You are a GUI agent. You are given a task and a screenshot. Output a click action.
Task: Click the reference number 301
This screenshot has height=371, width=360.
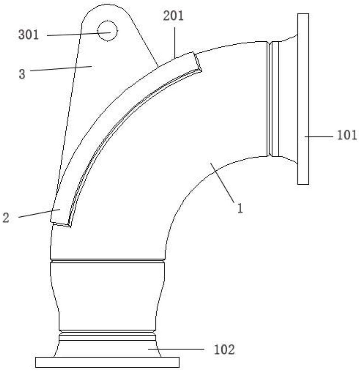29,35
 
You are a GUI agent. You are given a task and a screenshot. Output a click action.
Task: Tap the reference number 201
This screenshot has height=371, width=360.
173,16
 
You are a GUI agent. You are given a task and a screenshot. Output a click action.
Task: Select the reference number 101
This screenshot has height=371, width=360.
347,135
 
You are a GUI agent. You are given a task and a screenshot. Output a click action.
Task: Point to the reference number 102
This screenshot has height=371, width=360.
224,349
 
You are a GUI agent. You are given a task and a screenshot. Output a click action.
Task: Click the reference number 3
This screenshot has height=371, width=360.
22,74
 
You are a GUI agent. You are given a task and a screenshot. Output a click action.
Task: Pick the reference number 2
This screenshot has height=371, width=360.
6,218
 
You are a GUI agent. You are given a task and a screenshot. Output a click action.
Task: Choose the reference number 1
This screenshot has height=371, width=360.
240,208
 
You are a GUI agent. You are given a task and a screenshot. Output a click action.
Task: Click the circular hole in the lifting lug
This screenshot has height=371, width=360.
107,31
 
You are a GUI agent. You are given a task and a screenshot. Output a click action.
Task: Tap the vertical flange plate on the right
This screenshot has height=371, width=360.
303,98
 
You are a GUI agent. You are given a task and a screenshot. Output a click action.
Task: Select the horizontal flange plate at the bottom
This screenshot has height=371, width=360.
107,362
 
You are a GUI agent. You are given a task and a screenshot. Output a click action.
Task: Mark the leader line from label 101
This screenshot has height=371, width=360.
318,136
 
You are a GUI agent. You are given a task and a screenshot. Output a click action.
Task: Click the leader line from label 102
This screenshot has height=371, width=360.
176,349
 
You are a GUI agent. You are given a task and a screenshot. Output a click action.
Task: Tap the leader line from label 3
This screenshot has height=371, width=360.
60,69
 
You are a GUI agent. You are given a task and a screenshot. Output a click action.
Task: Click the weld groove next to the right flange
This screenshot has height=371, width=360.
270,99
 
